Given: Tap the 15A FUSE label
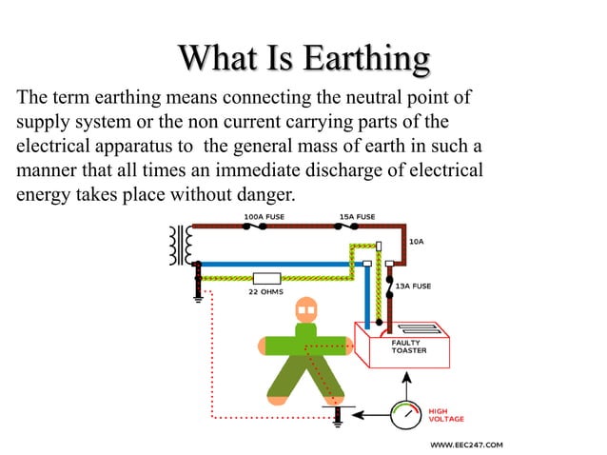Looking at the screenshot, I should [x=357, y=217].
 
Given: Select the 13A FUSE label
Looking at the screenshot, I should [x=413, y=286].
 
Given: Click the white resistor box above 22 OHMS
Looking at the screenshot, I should [x=267, y=279].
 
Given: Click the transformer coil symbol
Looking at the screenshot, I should [x=177, y=247].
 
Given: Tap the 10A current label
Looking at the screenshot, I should [x=417, y=242].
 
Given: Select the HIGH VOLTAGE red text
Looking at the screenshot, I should [x=446, y=415].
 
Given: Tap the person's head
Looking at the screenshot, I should [x=304, y=311].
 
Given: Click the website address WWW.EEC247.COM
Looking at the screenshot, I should [x=466, y=445].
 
